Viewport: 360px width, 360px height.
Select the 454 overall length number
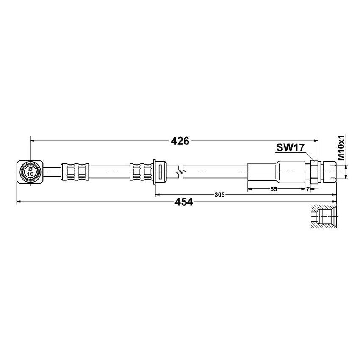[x=183, y=202]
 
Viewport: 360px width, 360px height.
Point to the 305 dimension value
[x=219, y=194]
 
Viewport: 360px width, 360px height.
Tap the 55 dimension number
[x=274, y=189]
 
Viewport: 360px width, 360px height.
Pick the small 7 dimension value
[x=307, y=189]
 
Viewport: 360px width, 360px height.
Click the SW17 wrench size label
[x=291, y=148]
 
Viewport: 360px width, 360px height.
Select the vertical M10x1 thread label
[x=341, y=148]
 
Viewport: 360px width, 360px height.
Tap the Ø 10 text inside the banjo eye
[x=30, y=172]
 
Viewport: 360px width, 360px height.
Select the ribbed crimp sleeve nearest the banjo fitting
[x=75, y=172]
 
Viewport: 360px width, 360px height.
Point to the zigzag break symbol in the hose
[x=181, y=172]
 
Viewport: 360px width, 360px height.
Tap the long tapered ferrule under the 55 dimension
[x=275, y=172]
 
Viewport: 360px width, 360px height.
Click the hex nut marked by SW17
[x=314, y=172]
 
